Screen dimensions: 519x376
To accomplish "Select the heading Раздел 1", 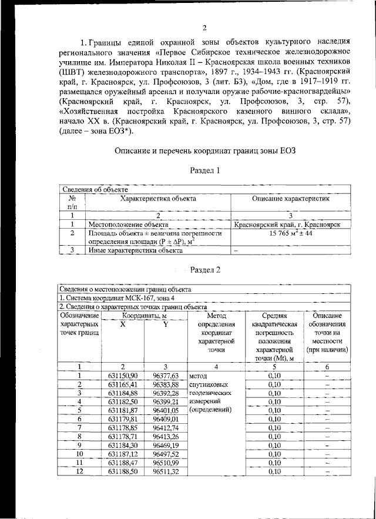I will [x=205, y=170].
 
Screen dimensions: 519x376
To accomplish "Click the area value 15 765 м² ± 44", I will [x=291, y=233].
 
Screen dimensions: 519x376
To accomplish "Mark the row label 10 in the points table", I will [x=79, y=454].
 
